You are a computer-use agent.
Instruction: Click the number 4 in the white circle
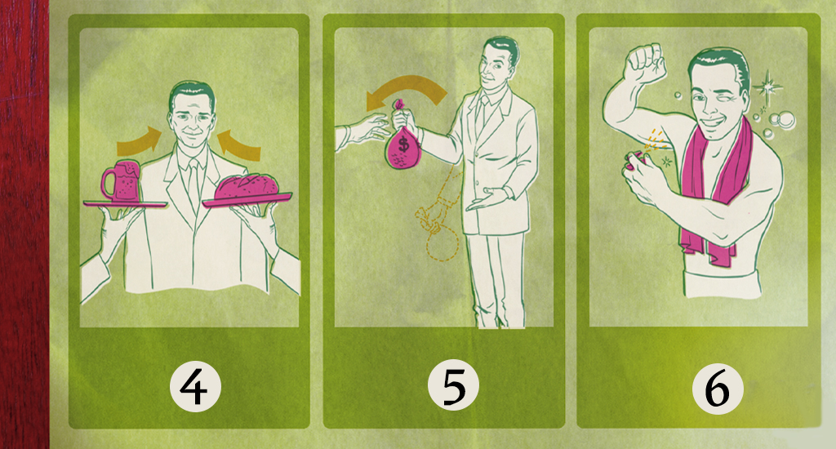(195, 389)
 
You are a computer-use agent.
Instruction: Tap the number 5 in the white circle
(453, 385)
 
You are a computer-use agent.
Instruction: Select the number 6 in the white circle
(717, 389)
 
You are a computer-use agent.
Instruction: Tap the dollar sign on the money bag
(404, 144)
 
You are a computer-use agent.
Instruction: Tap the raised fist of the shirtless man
(646, 64)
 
